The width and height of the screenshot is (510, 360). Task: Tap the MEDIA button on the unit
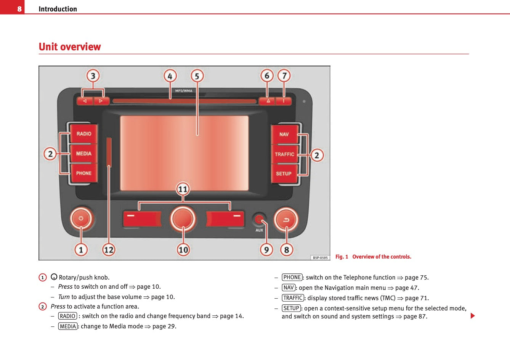[83, 154]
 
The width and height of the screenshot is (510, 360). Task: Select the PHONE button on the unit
[83, 173]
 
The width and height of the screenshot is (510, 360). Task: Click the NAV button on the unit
[284, 134]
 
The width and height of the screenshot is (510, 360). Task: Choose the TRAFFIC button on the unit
[284, 154]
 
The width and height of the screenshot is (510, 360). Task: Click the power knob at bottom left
[81, 219]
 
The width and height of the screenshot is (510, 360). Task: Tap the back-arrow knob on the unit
[286, 219]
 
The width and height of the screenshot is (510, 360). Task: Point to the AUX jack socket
[259, 220]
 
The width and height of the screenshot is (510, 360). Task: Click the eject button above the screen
[268, 101]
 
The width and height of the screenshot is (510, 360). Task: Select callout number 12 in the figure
[109, 250]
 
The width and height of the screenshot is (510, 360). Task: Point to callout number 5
[197, 76]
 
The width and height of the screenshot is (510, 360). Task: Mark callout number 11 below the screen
[183, 189]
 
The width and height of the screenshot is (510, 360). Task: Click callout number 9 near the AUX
[266, 250]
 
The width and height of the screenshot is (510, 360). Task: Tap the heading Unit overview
[70, 47]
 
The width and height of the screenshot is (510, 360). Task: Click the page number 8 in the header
[19, 9]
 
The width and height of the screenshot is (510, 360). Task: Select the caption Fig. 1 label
[342, 257]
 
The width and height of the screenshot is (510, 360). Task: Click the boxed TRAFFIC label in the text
[293, 298]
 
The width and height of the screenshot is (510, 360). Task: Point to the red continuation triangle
[473, 316]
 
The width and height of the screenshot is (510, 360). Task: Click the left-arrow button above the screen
[85, 101]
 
